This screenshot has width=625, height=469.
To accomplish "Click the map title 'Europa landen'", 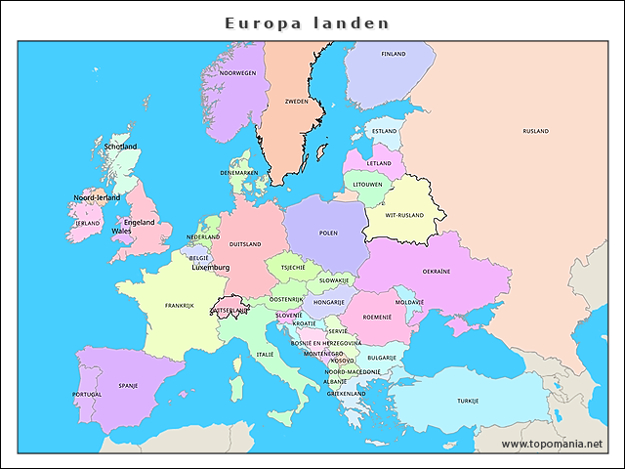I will coord(307,22).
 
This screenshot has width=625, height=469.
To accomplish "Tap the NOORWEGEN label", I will coord(237,73).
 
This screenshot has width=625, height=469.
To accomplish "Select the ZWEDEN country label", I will coord(296,102).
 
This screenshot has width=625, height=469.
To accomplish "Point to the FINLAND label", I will coord(394,54).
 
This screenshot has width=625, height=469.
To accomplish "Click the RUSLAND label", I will coord(535,131).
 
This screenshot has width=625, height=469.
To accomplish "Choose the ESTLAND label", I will coord(385,131).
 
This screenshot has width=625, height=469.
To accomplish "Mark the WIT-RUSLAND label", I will coord(404,215).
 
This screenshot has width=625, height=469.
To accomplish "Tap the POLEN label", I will coord(328,234).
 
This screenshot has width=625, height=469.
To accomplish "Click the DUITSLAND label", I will coord(245,244).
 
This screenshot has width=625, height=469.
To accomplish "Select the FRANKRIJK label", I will coord(180,306).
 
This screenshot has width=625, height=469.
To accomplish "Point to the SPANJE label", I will coord(128,385).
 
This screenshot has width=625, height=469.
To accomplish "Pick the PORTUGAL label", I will coord(87,395).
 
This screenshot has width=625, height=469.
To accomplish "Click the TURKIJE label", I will coord(468,401).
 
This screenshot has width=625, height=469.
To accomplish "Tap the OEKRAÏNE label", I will coord(436,271).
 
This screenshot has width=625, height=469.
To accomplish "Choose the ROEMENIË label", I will coord(377,317).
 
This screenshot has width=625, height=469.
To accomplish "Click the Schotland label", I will coord(121,147).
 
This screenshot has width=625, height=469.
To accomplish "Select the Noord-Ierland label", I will coord(97,197).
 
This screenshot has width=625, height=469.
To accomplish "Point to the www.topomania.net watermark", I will coord(552,444).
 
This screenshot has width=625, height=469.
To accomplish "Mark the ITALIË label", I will coord(266,354).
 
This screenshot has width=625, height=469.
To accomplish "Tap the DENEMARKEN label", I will coord(238,173).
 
